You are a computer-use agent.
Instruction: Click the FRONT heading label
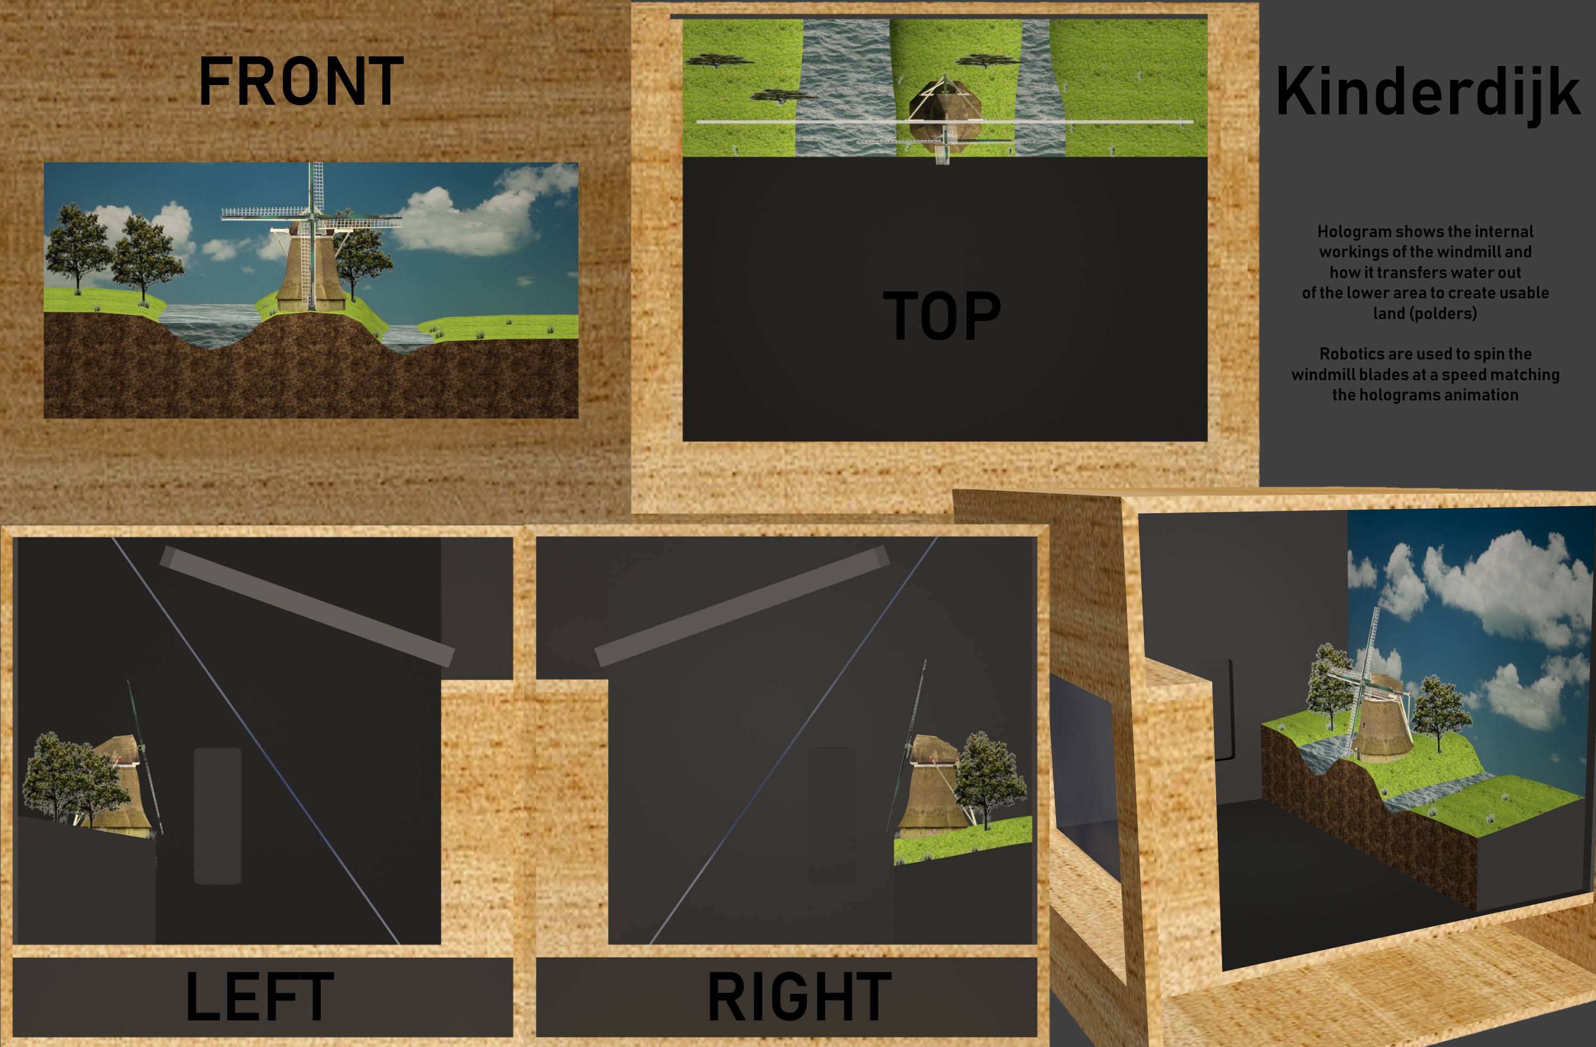click(301, 81)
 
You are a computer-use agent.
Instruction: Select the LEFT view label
click(260, 996)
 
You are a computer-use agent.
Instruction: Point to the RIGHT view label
click(800, 996)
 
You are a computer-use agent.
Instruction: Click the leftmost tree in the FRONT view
click(77, 248)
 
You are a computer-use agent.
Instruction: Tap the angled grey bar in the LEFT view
click(307, 606)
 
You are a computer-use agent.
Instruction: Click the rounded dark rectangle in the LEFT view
click(217, 816)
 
